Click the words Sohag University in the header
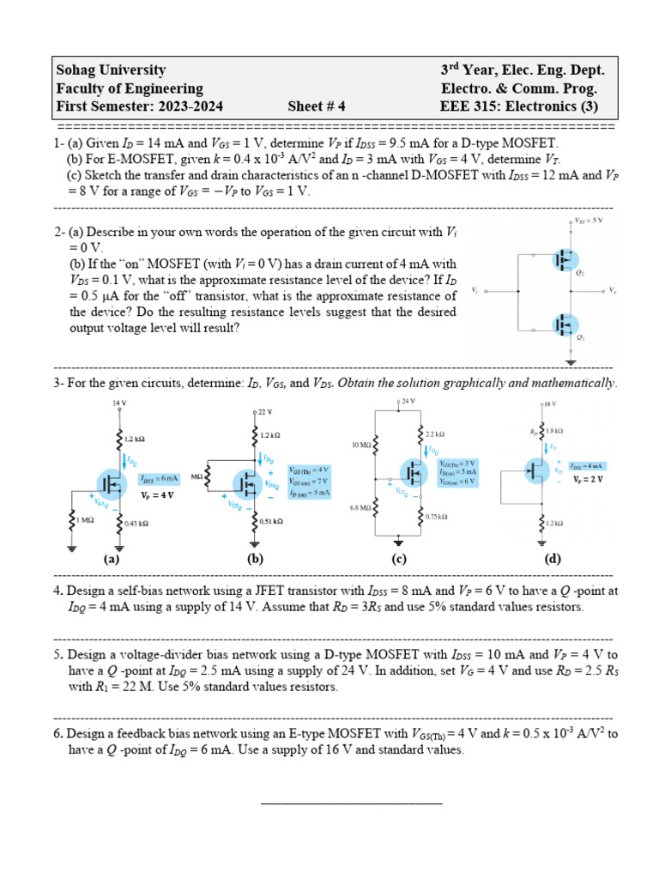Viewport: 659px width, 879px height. (x=111, y=70)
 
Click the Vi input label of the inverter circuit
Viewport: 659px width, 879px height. (x=475, y=291)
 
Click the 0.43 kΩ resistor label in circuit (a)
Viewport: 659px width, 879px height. (x=136, y=523)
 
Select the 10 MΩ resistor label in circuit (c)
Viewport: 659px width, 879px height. (x=360, y=446)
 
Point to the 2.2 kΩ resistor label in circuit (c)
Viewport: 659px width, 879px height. (x=435, y=434)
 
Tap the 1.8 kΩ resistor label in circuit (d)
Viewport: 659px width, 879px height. (x=555, y=430)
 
